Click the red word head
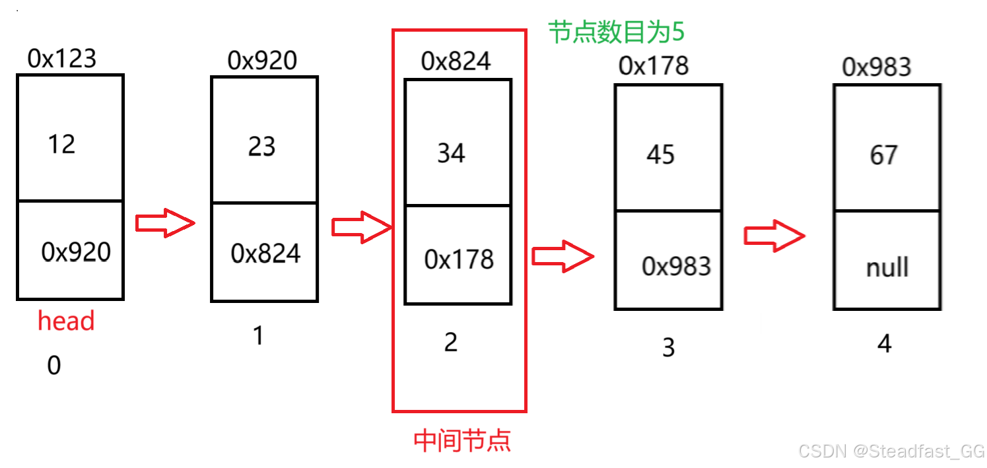tap(66, 321)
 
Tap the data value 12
tap(61, 144)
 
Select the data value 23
tap(261, 147)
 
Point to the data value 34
tap(451, 153)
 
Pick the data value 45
tap(660, 154)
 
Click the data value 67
tap(883, 155)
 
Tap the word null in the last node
tap(887, 267)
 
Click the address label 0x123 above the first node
tap(62, 59)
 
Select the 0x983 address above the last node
tap(877, 67)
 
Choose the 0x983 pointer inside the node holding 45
tap(676, 266)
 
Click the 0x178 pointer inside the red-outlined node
tap(459, 259)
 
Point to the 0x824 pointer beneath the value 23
tap(265, 253)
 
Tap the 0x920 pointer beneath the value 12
tap(76, 251)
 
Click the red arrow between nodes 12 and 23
tap(165, 223)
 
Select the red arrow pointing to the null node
tap(774, 236)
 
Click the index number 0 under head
tap(54, 365)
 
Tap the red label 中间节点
tap(462, 440)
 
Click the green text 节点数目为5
tap(616, 32)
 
